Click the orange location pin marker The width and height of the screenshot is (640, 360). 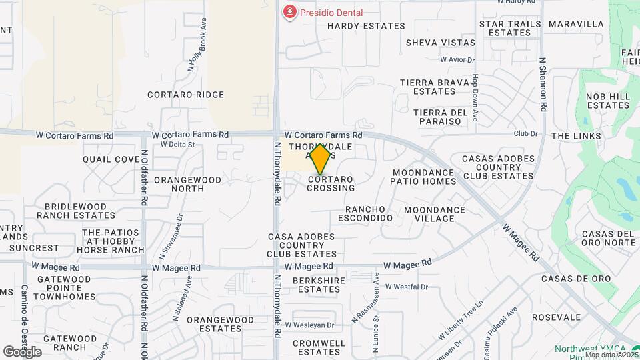(321, 159)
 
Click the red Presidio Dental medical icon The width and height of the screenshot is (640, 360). (289, 13)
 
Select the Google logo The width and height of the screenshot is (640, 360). (22, 351)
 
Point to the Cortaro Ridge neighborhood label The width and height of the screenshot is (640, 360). (186, 95)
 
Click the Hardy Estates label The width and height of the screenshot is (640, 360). (366, 26)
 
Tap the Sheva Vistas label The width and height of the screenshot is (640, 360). (441, 43)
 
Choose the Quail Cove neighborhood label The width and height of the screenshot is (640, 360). (111, 159)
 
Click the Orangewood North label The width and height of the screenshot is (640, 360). (179, 184)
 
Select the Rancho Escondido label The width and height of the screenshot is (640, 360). (365, 213)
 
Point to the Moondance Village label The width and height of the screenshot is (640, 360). (435, 214)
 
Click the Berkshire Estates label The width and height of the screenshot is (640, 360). (319, 285)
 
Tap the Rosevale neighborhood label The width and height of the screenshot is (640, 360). (557, 317)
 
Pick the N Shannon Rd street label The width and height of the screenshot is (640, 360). (544, 83)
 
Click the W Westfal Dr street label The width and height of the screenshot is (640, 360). (405, 287)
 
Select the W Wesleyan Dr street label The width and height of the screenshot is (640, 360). (309, 325)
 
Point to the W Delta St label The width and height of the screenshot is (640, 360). (177, 144)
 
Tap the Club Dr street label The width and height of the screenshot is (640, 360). (525, 133)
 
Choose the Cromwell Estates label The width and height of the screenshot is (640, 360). (319, 347)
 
